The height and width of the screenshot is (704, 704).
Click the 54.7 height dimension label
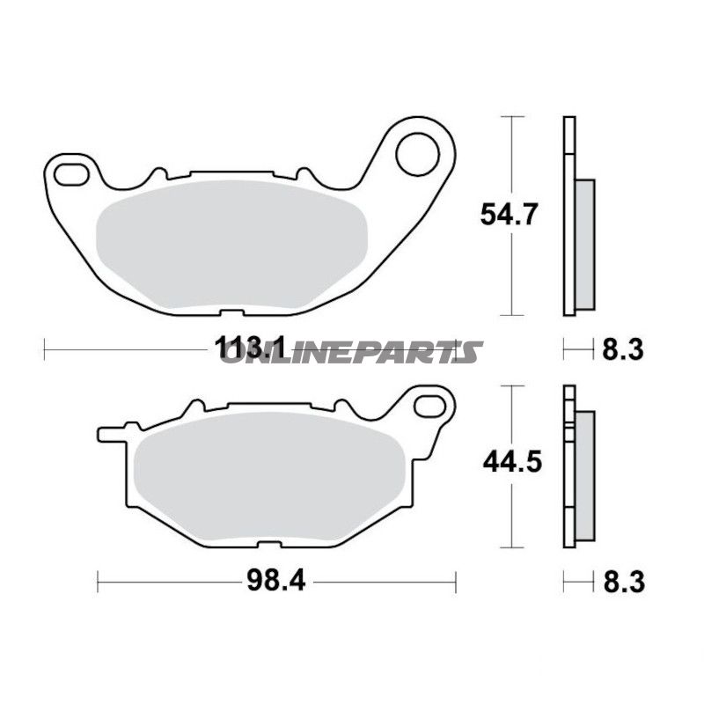coord(508,215)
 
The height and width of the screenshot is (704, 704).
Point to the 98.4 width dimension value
coord(275,581)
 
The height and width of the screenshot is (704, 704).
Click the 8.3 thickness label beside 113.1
coord(623,349)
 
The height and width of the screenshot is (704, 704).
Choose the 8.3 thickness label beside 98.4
coord(623,581)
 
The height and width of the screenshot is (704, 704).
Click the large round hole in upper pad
coord(417,154)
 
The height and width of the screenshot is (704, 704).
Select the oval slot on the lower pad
coord(430,406)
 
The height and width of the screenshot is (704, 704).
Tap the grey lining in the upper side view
coord(584,244)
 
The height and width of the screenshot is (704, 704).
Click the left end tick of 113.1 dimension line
coord(44,349)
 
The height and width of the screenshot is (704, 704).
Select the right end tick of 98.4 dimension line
coord(456,581)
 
